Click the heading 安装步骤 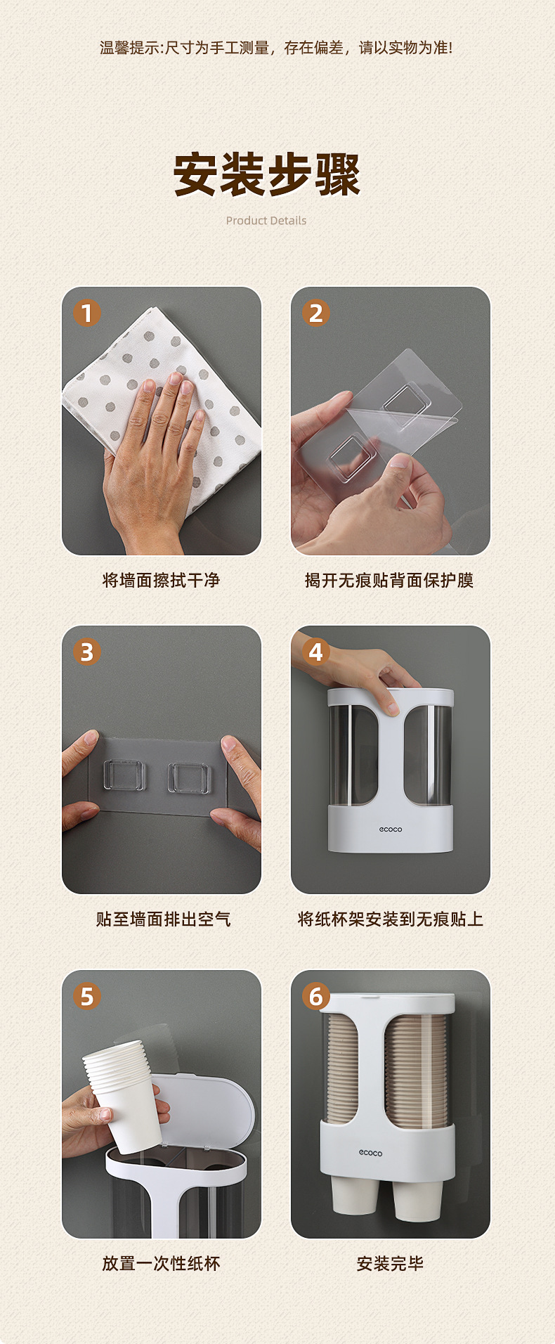click(x=266, y=175)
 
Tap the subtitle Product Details click(x=266, y=221)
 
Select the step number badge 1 click(x=87, y=314)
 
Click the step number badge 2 click(x=316, y=314)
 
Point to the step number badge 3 click(x=87, y=652)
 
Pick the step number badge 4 click(x=316, y=652)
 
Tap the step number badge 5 click(x=87, y=997)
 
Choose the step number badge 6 click(x=316, y=997)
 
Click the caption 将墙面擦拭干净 click(x=162, y=581)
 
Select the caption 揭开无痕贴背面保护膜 click(x=389, y=581)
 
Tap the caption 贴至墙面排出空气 click(x=163, y=919)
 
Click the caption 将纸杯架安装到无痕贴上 click(x=391, y=919)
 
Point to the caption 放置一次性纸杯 click(x=162, y=1264)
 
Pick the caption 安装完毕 click(x=390, y=1264)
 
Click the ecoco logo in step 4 click(x=391, y=829)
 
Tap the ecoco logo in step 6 click(x=371, y=1153)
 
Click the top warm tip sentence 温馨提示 click(x=276, y=48)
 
